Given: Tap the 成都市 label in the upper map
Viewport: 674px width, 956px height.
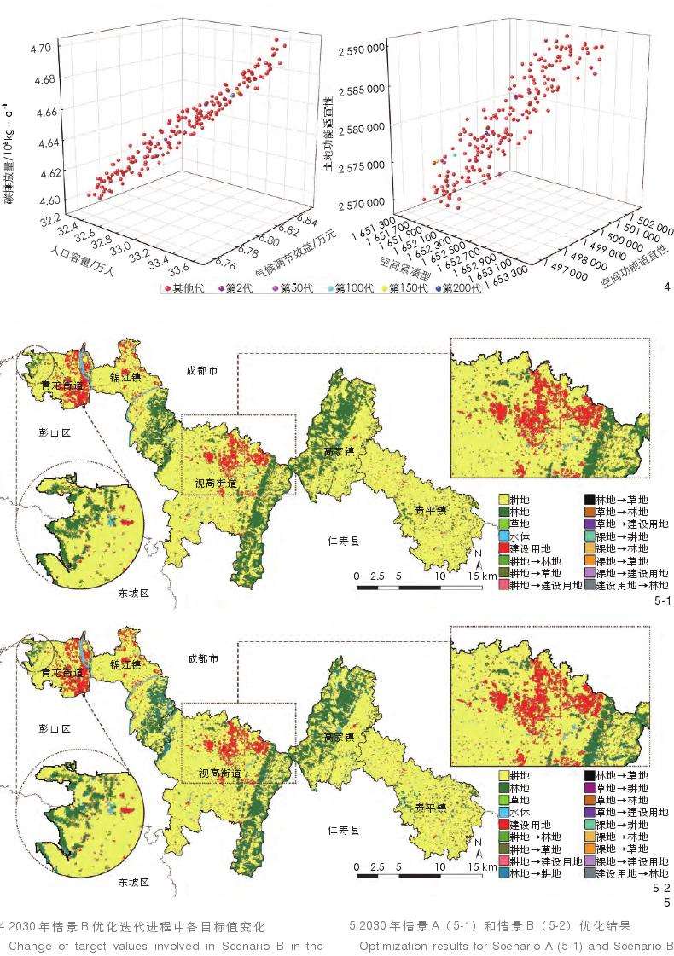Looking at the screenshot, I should pos(203,371).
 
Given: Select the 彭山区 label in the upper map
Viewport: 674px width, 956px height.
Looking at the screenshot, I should pos(54,432).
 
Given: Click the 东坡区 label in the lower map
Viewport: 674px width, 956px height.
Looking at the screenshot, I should pos(133,881).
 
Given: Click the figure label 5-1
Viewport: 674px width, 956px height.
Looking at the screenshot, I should pos(662,601).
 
